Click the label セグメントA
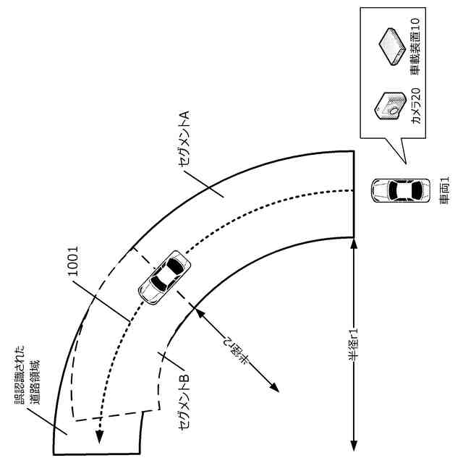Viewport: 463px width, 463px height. point(184,140)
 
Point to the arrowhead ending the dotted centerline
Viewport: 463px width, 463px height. point(99,436)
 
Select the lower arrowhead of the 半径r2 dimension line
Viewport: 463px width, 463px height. point(276,390)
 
